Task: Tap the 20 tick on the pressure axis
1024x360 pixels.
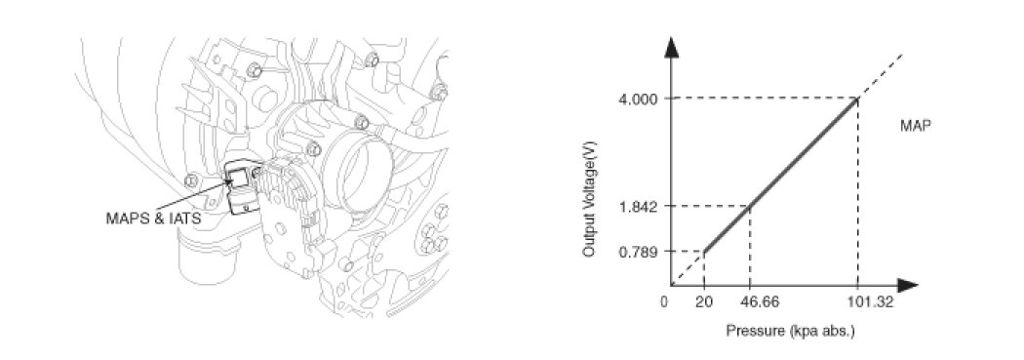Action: point(704,302)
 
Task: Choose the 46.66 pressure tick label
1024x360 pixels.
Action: point(750,302)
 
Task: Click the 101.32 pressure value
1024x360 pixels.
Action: point(857,302)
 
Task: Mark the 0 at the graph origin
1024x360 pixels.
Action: point(664,302)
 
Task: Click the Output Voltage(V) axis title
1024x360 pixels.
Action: point(590,209)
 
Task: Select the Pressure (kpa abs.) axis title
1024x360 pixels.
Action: point(790,332)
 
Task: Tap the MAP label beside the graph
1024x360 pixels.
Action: point(916,126)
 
